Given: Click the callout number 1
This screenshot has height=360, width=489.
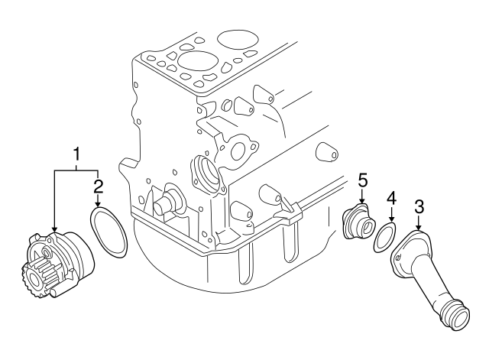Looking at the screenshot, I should tap(76, 156).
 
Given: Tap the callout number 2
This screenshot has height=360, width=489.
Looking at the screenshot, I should tap(98, 186).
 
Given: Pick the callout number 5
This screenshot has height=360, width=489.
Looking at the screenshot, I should tap(363, 180).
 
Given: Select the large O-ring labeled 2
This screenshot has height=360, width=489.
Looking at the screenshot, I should tap(108, 233).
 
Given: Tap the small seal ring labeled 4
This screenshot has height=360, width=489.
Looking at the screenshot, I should tap(384, 239).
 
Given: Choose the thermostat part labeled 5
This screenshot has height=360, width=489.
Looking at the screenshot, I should tap(357, 222).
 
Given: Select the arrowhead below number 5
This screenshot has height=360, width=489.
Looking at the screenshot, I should tap(363, 202).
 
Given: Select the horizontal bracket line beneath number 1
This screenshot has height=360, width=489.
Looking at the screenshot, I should tap(76, 170).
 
